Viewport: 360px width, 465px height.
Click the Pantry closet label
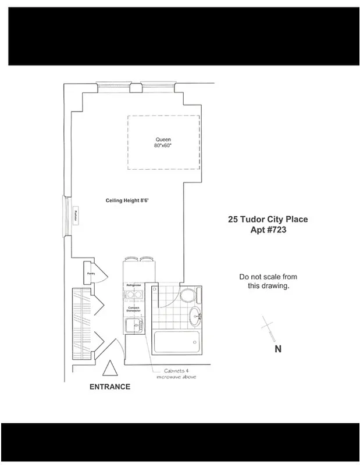(91, 273)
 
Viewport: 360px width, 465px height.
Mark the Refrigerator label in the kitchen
(135, 285)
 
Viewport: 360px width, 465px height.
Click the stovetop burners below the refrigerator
(135, 296)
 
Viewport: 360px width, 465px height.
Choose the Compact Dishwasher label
(134, 309)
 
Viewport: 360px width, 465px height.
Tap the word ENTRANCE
(110, 387)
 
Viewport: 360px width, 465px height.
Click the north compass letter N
(278, 349)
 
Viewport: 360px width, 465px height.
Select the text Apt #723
(268, 230)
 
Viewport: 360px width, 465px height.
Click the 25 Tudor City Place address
(268, 220)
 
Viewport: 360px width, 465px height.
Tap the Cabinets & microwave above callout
(177, 374)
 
